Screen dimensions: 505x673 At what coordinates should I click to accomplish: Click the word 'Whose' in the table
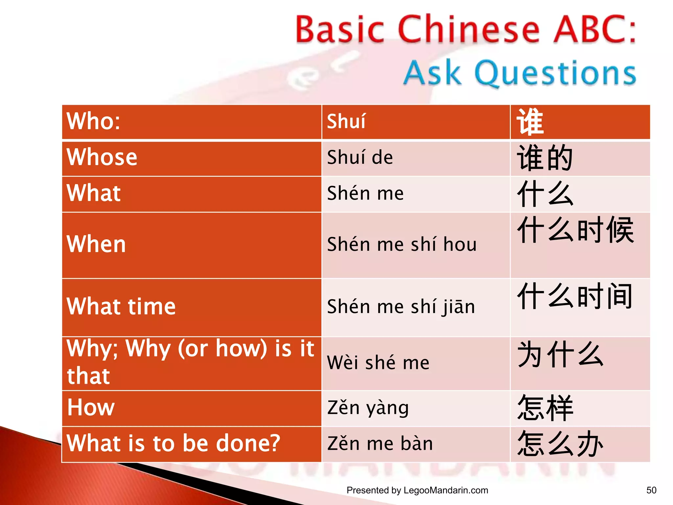point(102,157)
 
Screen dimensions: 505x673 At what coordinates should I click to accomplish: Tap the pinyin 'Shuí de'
point(360,157)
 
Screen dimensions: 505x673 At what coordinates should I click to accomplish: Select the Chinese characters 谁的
point(545,158)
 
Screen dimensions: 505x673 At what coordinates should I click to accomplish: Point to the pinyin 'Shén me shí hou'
point(402,244)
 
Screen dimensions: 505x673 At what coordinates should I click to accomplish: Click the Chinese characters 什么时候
point(575,230)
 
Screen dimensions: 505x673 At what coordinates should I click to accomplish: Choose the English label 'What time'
point(121,306)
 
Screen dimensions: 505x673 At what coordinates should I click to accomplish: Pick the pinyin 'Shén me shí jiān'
point(401,307)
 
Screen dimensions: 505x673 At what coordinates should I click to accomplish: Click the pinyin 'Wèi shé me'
point(378,363)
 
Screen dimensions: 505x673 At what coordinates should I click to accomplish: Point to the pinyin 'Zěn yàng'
point(368,408)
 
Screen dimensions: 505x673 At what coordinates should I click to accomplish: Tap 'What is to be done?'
point(173,443)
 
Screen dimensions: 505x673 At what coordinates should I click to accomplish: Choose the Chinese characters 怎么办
point(560,444)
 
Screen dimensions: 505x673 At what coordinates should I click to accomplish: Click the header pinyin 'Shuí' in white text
point(346,121)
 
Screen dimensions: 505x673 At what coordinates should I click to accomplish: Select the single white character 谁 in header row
point(530,122)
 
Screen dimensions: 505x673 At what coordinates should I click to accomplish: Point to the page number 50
point(651,490)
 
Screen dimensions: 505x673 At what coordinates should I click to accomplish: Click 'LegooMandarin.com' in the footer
point(446,490)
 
